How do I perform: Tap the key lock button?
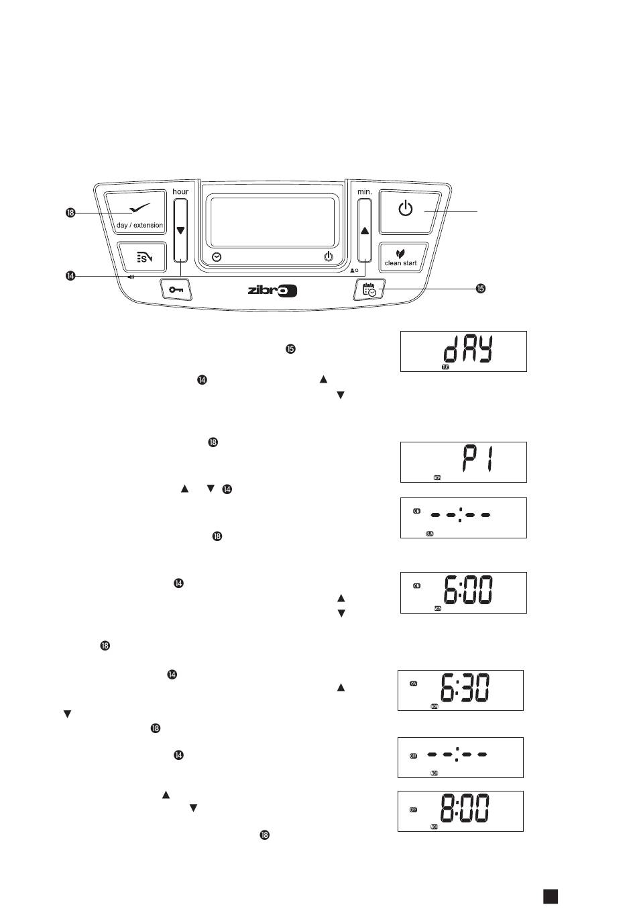(176, 289)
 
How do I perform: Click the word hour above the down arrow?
(180, 191)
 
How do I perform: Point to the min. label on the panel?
(364, 191)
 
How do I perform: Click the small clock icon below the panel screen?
(217, 257)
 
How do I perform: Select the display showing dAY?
(463, 351)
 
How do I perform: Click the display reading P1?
(463, 462)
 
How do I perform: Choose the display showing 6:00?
(463, 592)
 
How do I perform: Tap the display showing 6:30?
(461, 690)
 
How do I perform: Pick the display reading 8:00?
(461, 811)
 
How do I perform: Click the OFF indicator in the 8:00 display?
(414, 810)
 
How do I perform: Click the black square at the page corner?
(551, 896)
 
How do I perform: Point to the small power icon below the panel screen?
(328, 257)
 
